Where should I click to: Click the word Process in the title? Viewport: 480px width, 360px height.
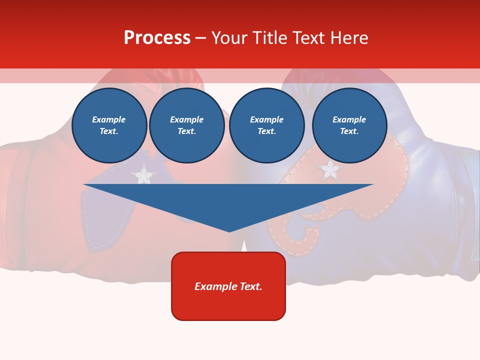pyautogui.click(x=157, y=38)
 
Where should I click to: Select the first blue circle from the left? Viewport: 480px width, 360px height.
pyautogui.click(x=109, y=125)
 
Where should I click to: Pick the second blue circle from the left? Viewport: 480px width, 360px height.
pyautogui.click(x=187, y=125)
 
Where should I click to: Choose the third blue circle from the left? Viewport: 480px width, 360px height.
pyautogui.click(x=266, y=125)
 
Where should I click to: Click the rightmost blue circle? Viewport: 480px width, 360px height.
pyautogui.click(x=349, y=125)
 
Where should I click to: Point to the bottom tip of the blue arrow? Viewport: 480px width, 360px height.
pyautogui.click(x=229, y=231)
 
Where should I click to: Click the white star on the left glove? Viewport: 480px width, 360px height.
pyautogui.click(x=143, y=175)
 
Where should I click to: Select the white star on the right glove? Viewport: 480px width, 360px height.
pyautogui.click(x=330, y=170)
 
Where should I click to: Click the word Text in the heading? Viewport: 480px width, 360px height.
pyautogui.click(x=309, y=38)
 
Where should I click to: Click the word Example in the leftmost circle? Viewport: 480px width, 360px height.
pyautogui.click(x=109, y=119)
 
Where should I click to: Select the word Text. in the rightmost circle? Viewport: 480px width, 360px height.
pyautogui.click(x=349, y=131)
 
